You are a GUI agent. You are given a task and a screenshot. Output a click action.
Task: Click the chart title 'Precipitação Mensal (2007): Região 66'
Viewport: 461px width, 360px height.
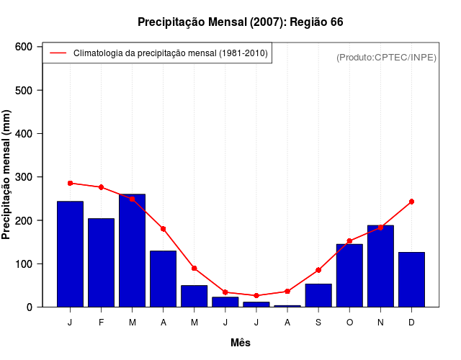pos(240,22)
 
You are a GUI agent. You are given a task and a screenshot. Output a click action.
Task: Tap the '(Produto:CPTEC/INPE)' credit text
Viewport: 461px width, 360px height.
pos(386,57)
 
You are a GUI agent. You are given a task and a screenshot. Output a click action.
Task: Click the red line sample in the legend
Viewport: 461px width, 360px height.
pos(58,53)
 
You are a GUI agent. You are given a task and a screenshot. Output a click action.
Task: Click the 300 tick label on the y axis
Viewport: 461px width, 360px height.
pos(24,177)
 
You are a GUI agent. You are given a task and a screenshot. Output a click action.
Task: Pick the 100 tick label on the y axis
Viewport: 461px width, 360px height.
pos(24,264)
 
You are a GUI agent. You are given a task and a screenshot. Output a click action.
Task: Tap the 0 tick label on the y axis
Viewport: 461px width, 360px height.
pos(30,307)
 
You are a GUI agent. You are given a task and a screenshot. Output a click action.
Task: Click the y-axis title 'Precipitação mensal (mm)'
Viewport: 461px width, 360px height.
pos(7,175)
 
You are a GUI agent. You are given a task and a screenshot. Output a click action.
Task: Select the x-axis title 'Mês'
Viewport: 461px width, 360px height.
pos(241,343)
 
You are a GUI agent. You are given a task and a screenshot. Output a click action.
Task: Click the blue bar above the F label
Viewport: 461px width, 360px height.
pos(101,263)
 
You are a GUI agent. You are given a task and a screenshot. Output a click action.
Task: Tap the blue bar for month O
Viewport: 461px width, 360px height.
pos(349,276)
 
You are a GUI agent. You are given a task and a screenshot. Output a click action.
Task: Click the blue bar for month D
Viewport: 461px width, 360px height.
pos(411,279)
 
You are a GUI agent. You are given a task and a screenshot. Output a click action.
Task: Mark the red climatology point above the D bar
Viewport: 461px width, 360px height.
pos(411,202)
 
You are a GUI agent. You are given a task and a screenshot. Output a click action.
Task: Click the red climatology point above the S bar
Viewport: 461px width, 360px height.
pos(318,270)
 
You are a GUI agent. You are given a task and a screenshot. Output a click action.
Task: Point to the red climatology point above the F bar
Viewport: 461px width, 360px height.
pos(101,187)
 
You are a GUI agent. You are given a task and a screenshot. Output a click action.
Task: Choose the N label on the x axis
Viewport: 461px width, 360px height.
pos(380,323)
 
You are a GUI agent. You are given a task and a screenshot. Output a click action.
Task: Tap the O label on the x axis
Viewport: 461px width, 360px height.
pos(349,323)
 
